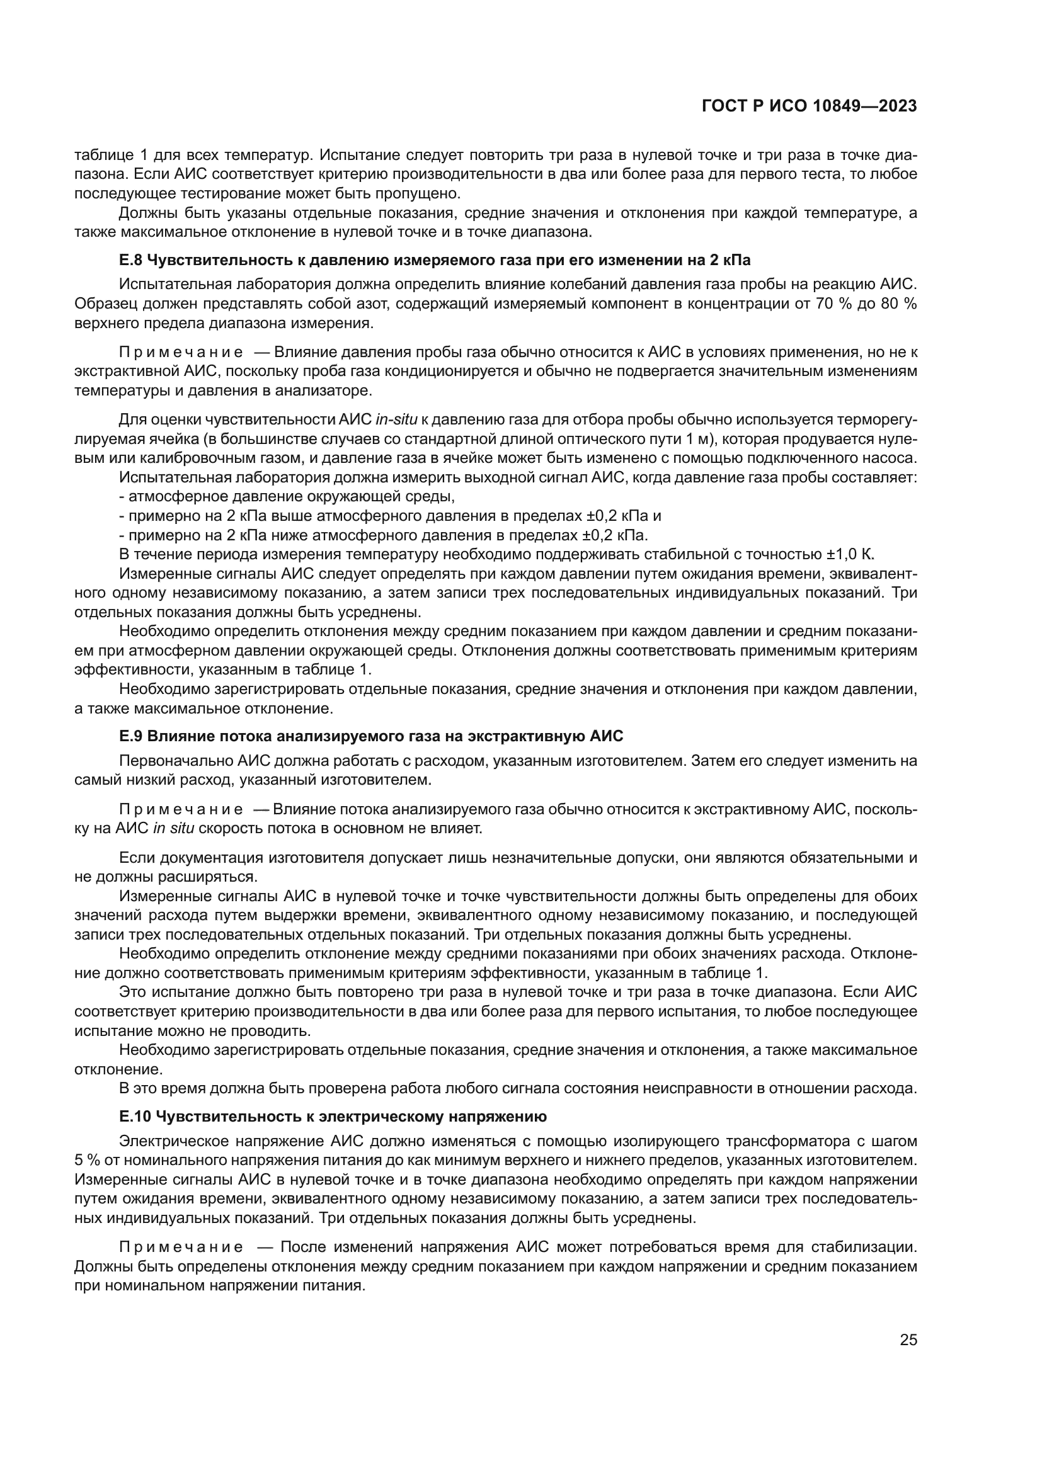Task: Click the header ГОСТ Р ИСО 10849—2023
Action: pos(809,106)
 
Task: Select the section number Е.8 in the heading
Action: pos(131,260)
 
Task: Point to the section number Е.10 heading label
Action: pos(135,1117)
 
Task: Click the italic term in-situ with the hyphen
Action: pos(396,419)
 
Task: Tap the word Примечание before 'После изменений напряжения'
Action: pos(181,1247)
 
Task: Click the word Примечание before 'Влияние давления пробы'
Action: pos(181,352)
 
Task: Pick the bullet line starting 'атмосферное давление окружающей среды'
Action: pos(287,496)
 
